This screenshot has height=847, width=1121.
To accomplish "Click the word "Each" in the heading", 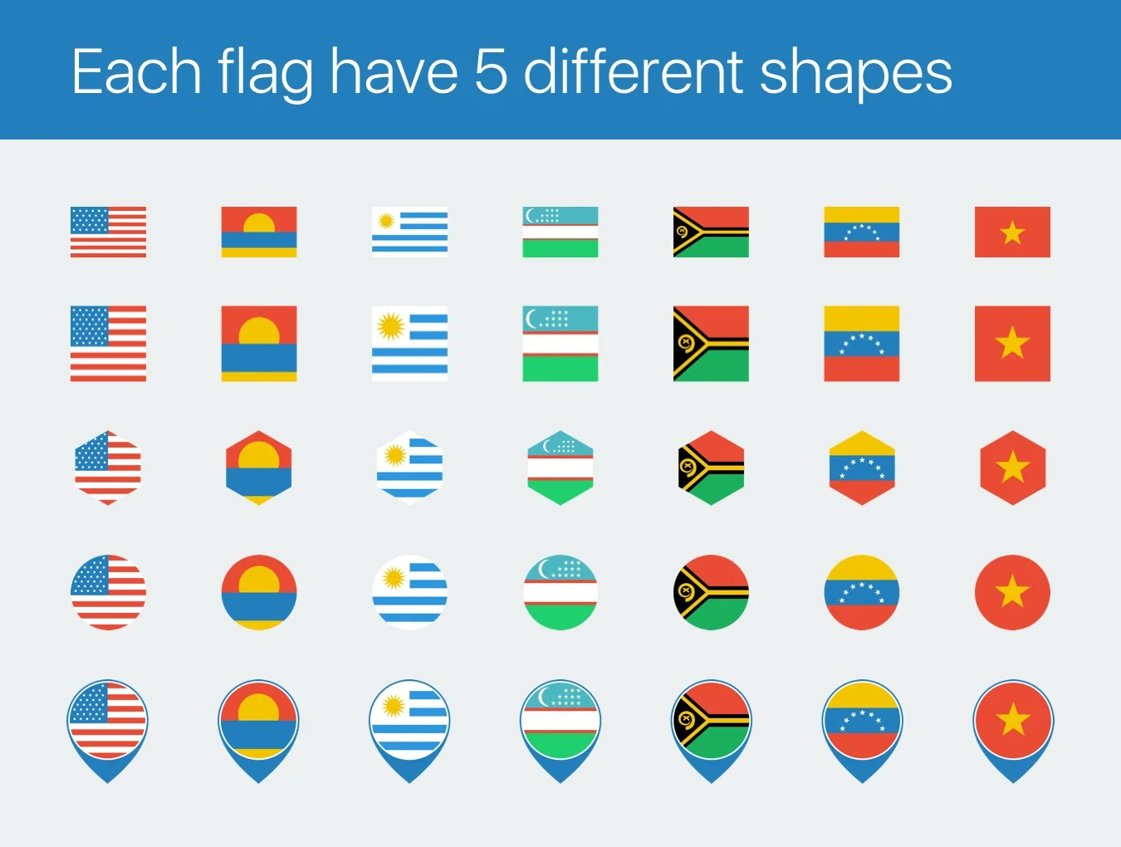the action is click(136, 71).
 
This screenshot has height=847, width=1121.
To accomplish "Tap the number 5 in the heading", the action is click(492, 71).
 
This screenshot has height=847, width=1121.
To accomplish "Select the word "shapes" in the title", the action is click(856, 75).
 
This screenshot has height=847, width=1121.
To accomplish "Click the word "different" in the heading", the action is click(634, 71).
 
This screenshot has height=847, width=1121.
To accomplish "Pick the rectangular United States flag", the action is click(108, 232).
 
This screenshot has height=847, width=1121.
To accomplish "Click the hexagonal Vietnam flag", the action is click(1013, 468).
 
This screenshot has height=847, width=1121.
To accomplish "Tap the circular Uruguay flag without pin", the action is click(409, 592).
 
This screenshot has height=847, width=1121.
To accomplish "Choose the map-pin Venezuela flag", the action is click(862, 731).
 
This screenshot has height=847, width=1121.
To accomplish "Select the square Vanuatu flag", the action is click(711, 344).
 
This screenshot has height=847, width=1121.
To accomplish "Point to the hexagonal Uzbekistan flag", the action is click(560, 468).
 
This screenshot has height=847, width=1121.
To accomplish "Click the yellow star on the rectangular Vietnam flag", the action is click(1012, 233).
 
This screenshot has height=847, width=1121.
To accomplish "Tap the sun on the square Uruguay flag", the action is click(391, 326).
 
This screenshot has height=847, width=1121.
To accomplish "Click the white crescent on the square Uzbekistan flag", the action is click(531, 320).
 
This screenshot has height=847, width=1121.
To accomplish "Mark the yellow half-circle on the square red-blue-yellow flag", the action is click(259, 331).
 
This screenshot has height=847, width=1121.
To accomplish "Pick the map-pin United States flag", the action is click(108, 731).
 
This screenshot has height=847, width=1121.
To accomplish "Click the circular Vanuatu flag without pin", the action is click(711, 592).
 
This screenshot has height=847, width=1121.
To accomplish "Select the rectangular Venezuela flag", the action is click(862, 232).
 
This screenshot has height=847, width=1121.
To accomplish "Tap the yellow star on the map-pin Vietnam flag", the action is click(1013, 719).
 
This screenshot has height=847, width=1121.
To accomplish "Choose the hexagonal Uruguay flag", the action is click(409, 468).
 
